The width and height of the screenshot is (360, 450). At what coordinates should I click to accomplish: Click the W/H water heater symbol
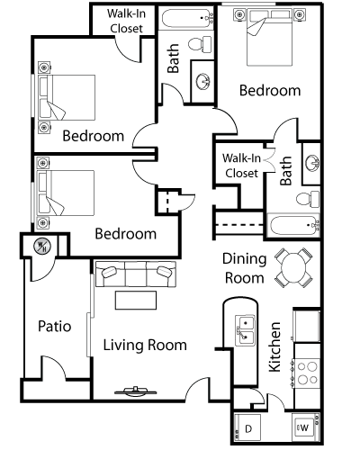(x=42, y=247)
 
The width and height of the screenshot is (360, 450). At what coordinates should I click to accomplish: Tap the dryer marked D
(x=247, y=427)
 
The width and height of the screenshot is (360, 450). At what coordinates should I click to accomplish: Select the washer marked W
(x=304, y=427)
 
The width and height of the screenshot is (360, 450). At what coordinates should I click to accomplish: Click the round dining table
(x=293, y=267)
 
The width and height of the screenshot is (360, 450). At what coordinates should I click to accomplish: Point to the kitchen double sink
(x=246, y=330)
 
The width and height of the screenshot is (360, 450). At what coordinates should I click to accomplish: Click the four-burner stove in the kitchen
(x=306, y=373)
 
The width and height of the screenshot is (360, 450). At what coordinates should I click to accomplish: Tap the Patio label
(x=55, y=326)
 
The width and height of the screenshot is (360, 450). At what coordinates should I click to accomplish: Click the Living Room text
(x=145, y=345)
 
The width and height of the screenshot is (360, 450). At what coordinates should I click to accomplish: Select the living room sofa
(x=136, y=274)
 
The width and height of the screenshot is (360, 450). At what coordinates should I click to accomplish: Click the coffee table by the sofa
(x=136, y=300)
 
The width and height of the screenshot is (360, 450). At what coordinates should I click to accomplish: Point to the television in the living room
(x=136, y=391)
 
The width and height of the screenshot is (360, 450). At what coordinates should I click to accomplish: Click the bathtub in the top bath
(x=186, y=19)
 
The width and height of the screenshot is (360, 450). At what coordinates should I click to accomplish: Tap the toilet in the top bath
(x=201, y=44)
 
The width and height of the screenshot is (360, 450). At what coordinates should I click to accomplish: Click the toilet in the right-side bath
(x=308, y=199)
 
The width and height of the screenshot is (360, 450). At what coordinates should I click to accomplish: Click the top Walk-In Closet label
(x=126, y=21)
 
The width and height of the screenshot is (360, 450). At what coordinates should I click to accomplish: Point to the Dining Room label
(x=244, y=268)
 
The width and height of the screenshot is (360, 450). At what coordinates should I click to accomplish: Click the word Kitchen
(x=274, y=347)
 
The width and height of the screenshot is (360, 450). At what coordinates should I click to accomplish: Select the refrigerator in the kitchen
(x=307, y=325)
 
